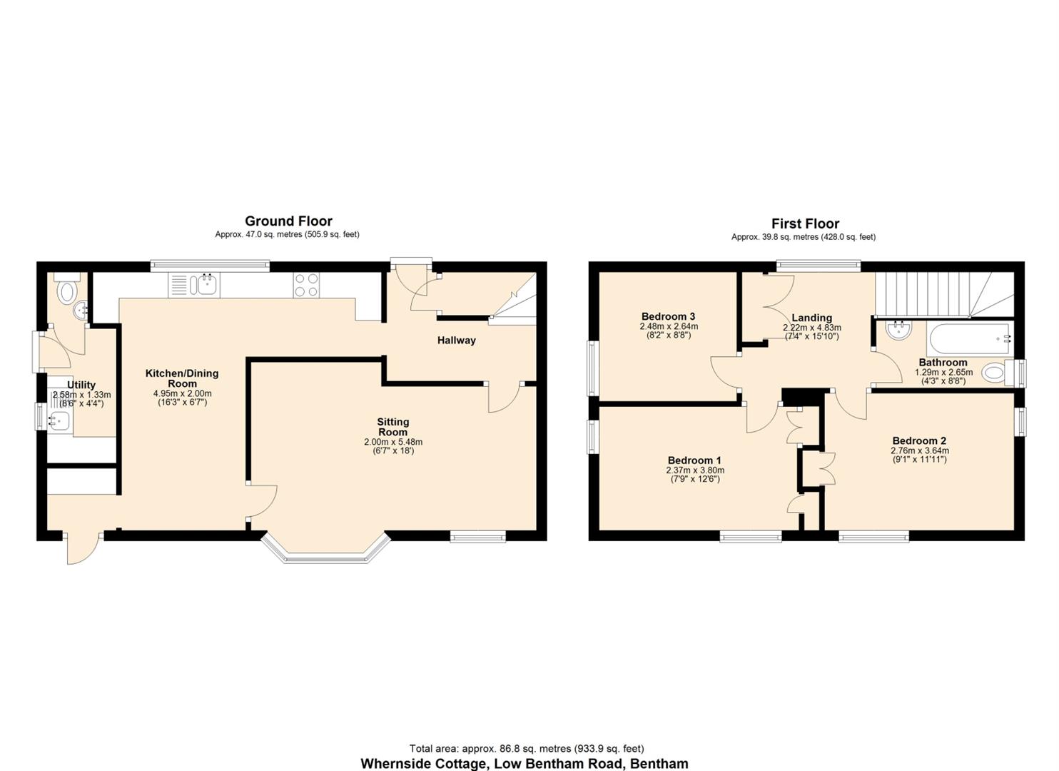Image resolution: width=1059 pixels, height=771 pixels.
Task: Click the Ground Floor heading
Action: coord(288,221)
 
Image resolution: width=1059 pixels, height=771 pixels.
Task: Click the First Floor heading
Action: coord(805,223)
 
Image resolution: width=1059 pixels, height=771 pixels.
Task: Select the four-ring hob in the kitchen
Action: coord(307,286)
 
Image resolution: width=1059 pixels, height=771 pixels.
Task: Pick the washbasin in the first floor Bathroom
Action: coord(896,330)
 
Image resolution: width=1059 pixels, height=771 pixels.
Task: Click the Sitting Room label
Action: coord(392,427)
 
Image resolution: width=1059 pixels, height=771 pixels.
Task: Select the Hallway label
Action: coord(456,341)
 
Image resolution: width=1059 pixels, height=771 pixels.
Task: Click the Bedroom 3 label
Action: coord(668,316)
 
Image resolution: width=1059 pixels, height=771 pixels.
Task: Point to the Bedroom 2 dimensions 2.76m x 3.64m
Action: coord(919,450)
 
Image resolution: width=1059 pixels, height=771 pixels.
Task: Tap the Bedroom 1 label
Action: coord(694,460)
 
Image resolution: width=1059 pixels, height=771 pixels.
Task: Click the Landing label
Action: coord(811,318)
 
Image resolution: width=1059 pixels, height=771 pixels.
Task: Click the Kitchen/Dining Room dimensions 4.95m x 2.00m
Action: coord(182,393)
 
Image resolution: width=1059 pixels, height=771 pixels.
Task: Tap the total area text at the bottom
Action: coord(526,748)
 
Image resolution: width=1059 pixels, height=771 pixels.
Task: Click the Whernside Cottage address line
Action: coord(524,763)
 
